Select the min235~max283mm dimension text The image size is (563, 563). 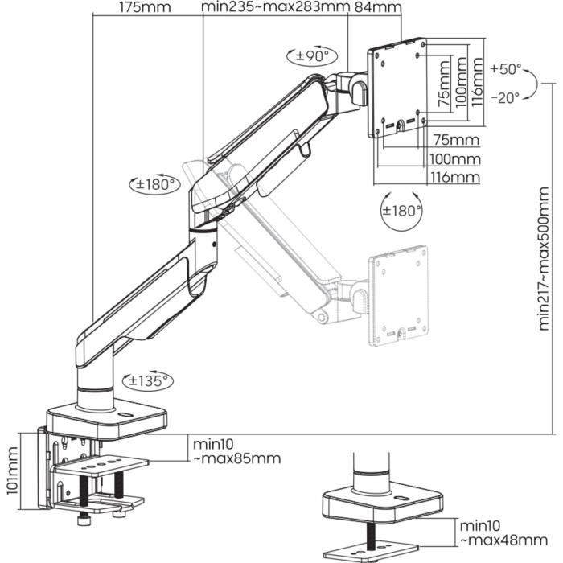tap(275, 8)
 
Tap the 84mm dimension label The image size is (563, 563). tap(377, 8)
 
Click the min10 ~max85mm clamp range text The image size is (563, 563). tap(236, 451)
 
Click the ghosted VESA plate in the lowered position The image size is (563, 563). tap(398, 295)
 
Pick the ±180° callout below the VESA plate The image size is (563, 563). tap(401, 211)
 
